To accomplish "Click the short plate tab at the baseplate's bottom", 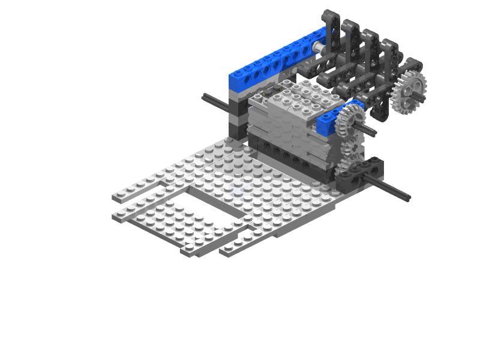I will tap(237, 247).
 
